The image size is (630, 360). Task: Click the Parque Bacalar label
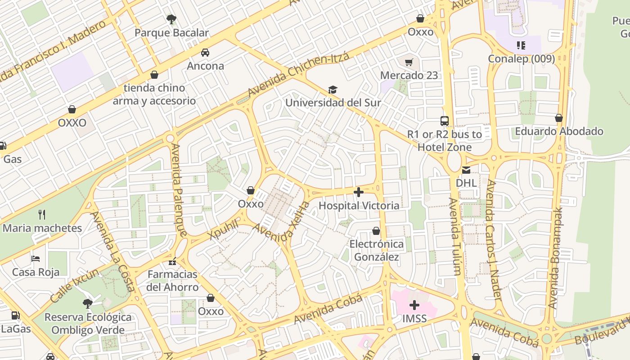[171, 33]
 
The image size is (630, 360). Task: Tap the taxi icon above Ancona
[205, 53]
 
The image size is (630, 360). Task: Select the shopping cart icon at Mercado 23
[409, 62]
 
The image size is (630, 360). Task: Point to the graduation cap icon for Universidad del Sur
[333, 90]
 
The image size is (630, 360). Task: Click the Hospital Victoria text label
[359, 206]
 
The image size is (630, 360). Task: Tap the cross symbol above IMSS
[414, 306]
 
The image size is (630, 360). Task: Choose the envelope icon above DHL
[466, 170]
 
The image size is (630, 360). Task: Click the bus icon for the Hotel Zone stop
[445, 121]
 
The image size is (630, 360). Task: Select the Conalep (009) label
[521, 59]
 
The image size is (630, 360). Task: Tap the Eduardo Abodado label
[559, 131]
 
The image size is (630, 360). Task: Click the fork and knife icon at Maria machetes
[42, 214]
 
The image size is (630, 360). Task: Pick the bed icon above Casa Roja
[36, 258]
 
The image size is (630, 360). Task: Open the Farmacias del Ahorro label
[172, 281]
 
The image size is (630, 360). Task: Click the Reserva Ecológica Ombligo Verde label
[88, 324]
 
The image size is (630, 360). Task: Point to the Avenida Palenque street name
[179, 189]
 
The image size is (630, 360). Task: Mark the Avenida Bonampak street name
[556, 257]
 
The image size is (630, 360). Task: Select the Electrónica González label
[377, 251]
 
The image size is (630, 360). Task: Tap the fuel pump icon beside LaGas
[16, 315]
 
